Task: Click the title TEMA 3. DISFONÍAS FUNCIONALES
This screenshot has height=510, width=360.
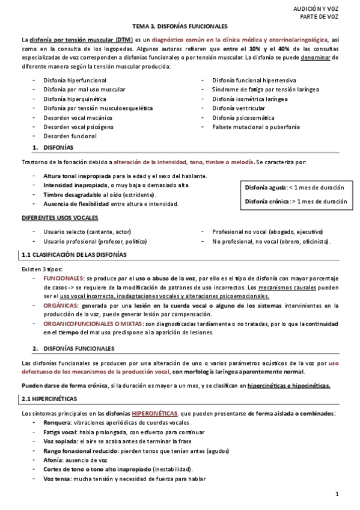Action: pyautogui.click(x=180, y=26)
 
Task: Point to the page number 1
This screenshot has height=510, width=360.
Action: pyautogui.click(x=337, y=494)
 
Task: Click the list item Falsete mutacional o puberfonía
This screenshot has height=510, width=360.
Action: pyautogui.click(x=251, y=127)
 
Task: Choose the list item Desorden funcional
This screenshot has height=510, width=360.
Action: pyautogui.click(x=70, y=137)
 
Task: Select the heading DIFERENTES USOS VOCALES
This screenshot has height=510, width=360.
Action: pyautogui.click(x=59, y=217)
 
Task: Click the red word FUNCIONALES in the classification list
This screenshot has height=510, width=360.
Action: pyautogui.click(x=64, y=278)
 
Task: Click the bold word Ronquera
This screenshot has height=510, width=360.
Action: pyautogui.click(x=57, y=423)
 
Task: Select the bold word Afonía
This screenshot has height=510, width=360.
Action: pyautogui.click(x=54, y=460)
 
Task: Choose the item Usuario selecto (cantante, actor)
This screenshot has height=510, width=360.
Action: pyautogui.click(x=87, y=232)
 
